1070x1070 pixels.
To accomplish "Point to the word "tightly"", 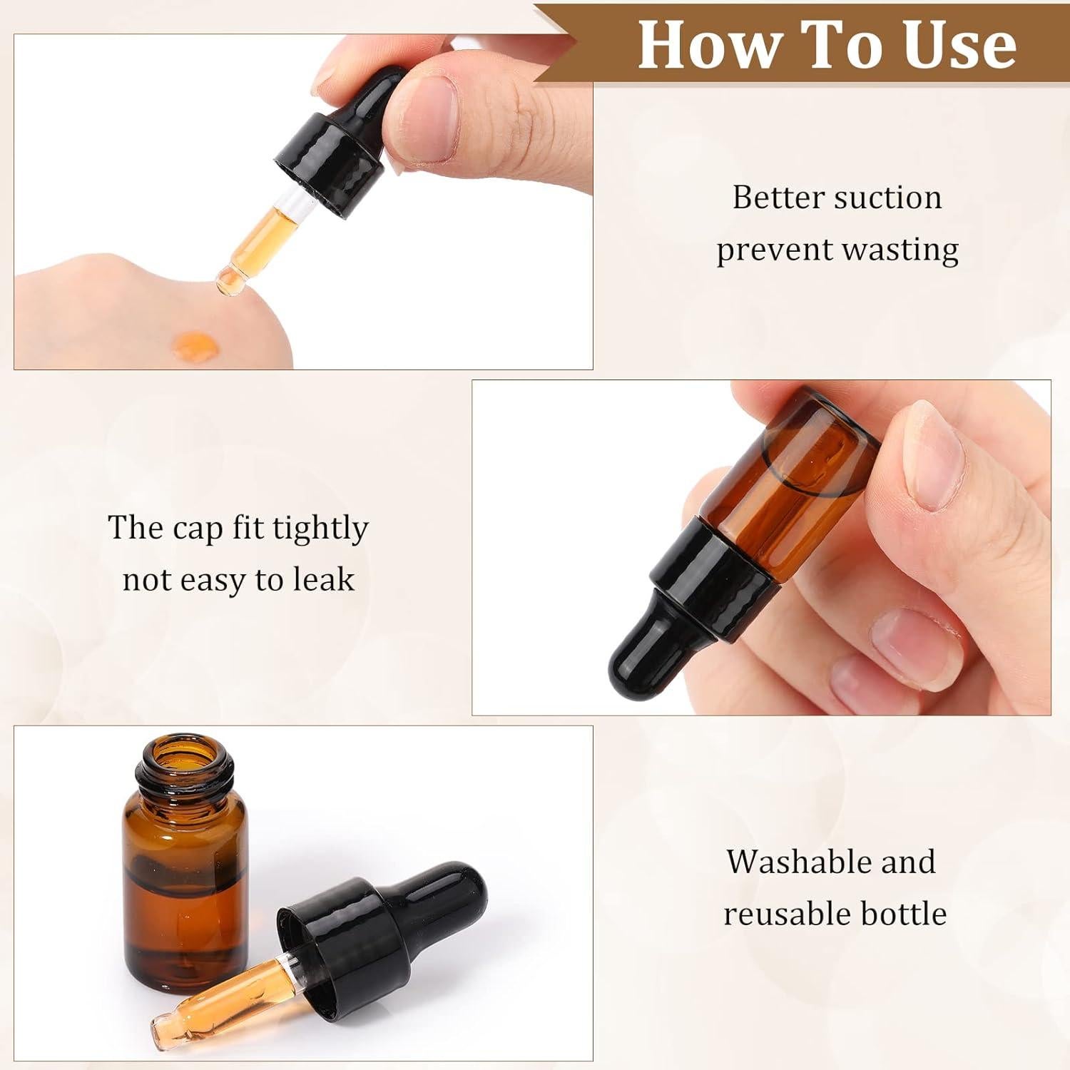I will click(320, 529).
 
